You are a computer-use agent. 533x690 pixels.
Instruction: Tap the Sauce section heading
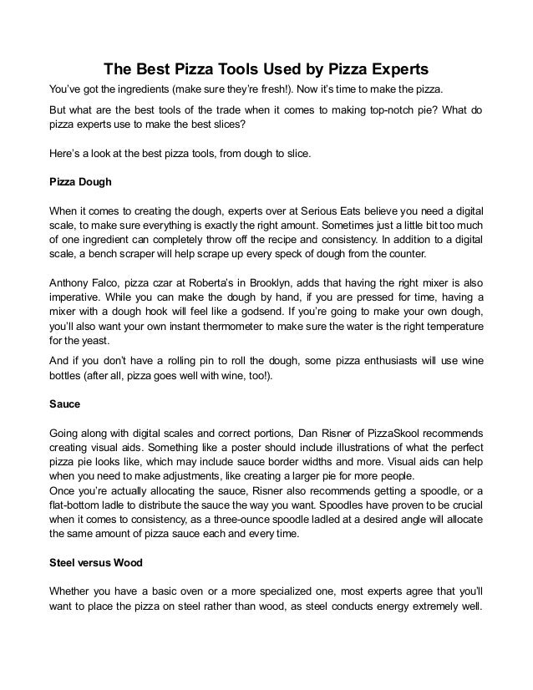[x=64, y=405]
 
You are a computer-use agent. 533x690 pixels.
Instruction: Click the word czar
[x=140, y=282]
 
